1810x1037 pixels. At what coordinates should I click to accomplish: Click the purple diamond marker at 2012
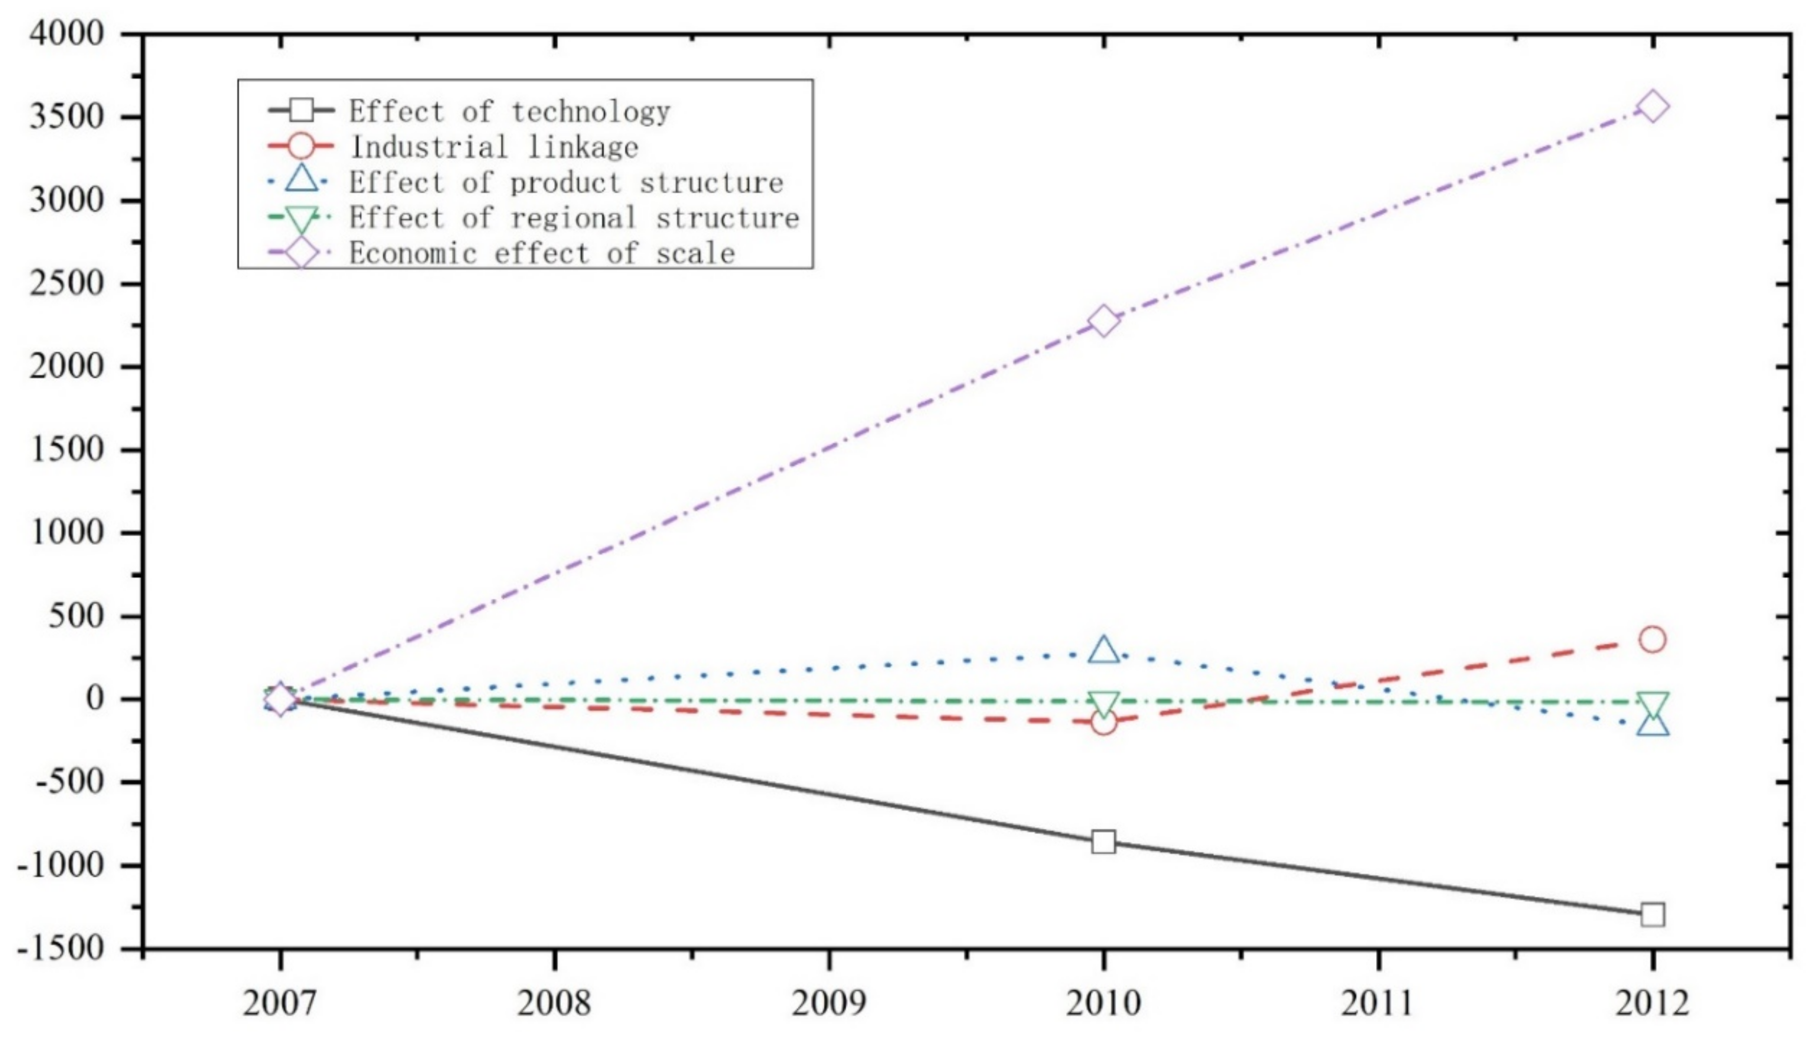click(1652, 107)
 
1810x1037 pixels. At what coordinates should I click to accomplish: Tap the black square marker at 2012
click(1652, 914)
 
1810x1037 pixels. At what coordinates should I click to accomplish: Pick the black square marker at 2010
click(1103, 842)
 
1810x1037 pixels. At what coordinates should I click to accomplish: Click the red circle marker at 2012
click(1652, 640)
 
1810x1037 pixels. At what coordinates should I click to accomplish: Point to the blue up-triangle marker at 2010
click(1103, 650)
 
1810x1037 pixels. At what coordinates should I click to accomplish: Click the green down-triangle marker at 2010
click(1103, 704)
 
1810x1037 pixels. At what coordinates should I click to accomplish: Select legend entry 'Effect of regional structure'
click(574, 217)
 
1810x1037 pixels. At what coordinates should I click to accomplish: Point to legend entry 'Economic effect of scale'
click(541, 253)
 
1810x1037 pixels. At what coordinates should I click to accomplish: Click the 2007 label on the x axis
click(280, 1003)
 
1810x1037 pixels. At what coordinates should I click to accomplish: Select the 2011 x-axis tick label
click(1377, 1003)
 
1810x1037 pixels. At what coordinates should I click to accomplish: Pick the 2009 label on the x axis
click(829, 1003)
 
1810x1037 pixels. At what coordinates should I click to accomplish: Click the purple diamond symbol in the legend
click(301, 253)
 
